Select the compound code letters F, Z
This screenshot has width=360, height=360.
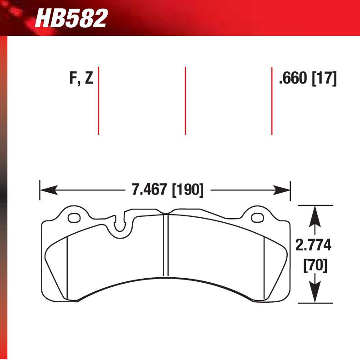click(81, 79)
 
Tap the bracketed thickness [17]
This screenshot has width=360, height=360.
click(324, 79)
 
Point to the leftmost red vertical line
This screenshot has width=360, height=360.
click(99, 101)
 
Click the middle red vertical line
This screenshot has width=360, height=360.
click(185, 101)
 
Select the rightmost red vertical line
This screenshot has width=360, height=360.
click(272, 101)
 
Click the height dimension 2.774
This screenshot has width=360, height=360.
click(314, 246)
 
